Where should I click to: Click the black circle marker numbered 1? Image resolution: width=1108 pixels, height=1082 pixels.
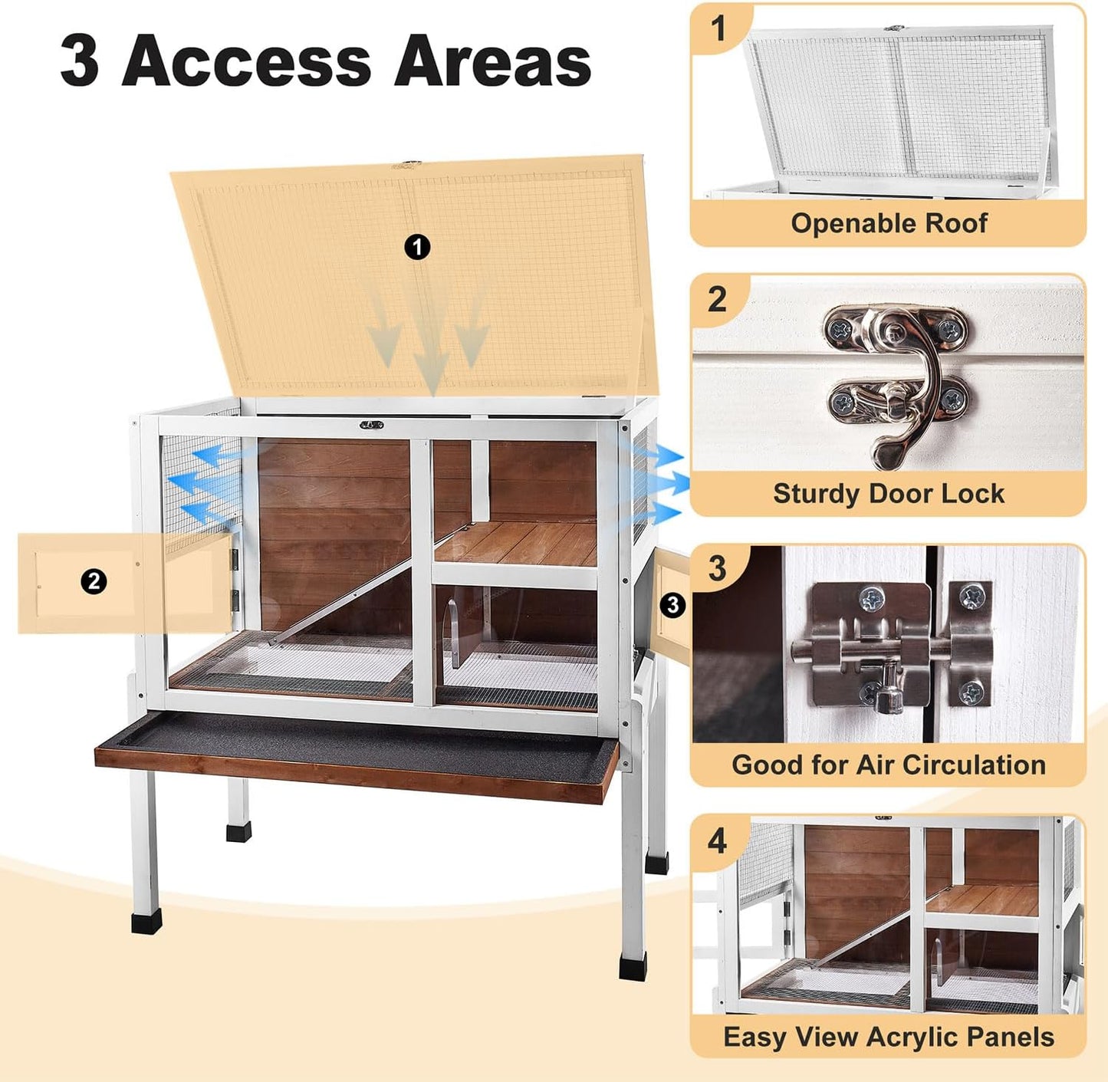click(x=417, y=247)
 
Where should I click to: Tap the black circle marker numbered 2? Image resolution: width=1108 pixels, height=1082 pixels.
click(x=94, y=581)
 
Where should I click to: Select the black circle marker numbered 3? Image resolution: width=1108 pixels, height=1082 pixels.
click(x=672, y=605)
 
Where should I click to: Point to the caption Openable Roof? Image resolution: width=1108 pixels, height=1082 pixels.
click(x=889, y=223)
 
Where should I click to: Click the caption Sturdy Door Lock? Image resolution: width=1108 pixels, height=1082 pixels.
click(x=888, y=493)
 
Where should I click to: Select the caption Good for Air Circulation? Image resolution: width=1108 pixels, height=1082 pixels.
click(x=888, y=765)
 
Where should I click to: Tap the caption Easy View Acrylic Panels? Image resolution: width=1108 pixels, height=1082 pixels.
click(x=888, y=1037)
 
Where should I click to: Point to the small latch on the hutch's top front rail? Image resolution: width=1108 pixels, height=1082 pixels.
click(x=372, y=425)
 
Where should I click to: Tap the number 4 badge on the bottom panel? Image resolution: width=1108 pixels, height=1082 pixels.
click(x=717, y=841)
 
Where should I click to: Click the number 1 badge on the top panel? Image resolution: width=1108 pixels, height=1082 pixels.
click(x=718, y=29)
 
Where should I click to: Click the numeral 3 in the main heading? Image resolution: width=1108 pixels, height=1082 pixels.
click(x=80, y=61)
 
